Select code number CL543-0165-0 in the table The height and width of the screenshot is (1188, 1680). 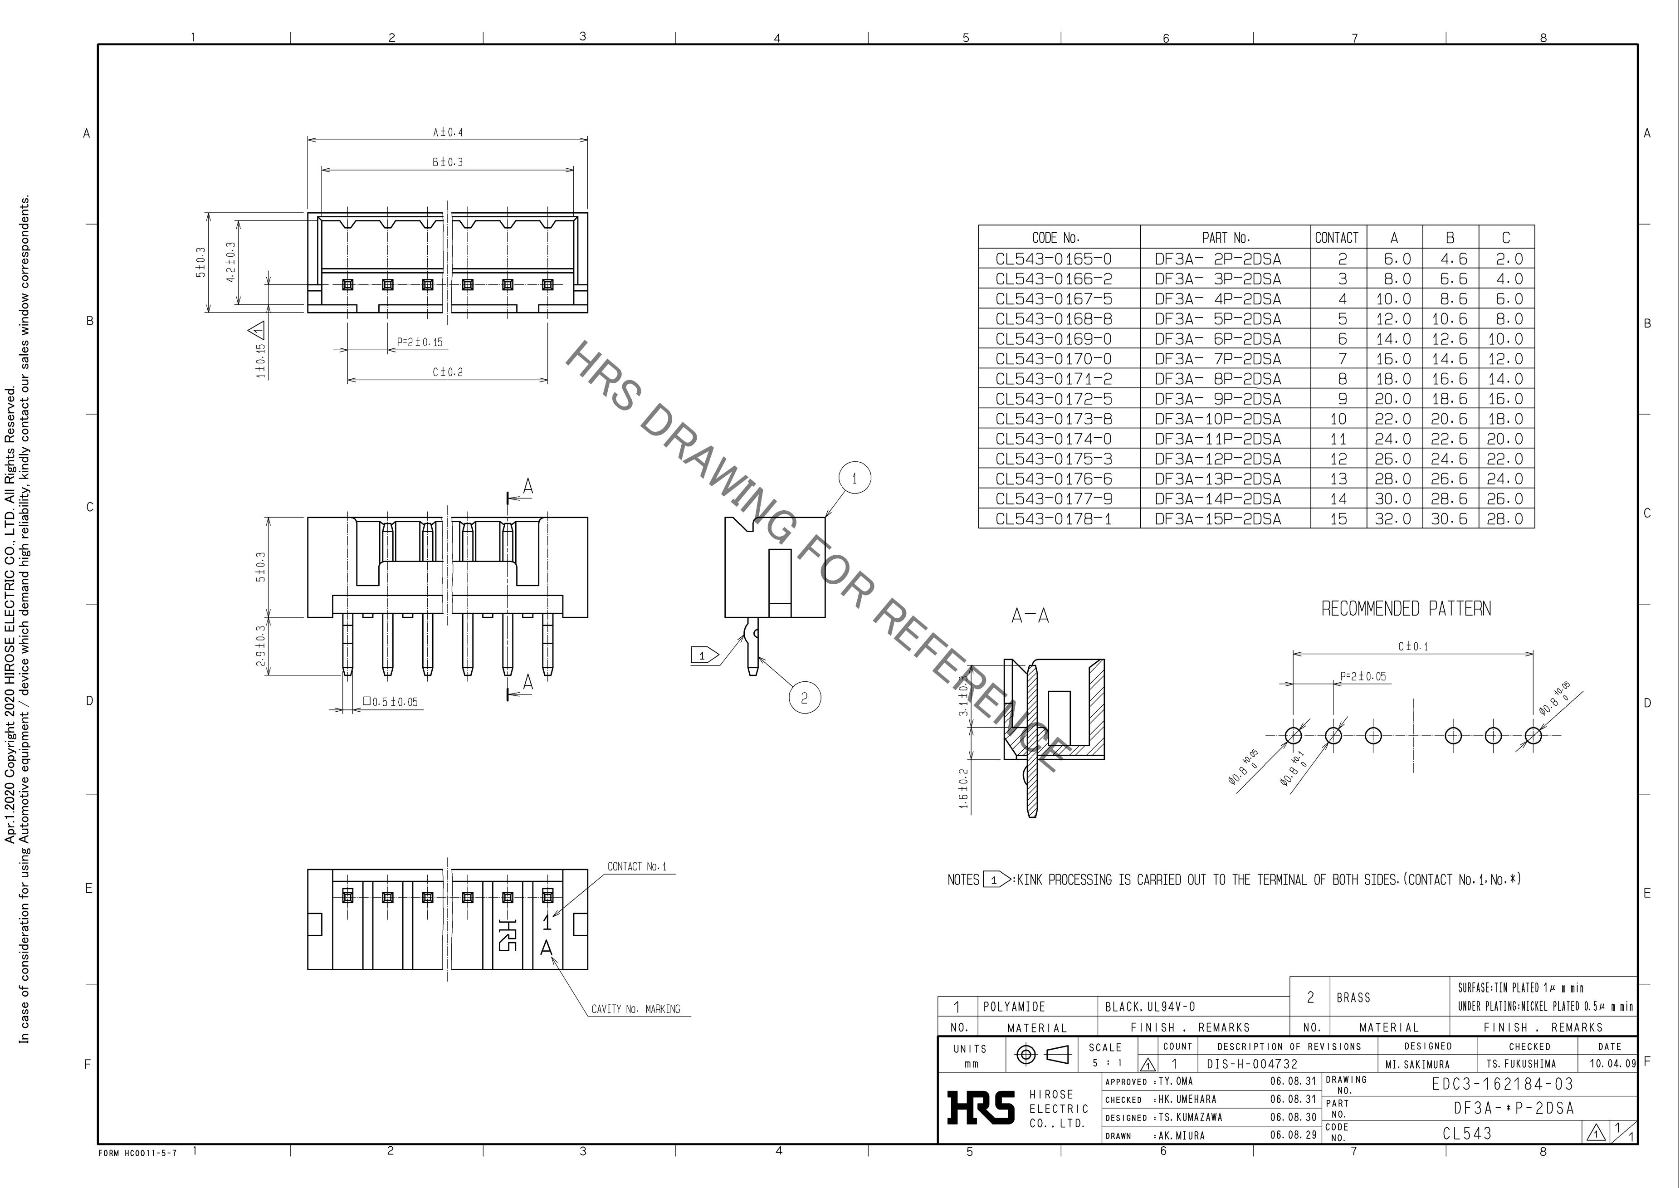pyautogui.click(x=1053, y=259)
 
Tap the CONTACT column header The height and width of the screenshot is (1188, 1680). pyautogui.click(x=1336, y=238)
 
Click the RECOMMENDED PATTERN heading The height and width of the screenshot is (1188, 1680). pyautogui.click(x=1406, y=608)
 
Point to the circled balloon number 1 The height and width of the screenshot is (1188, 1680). pyautogui.click(x=855, y=479)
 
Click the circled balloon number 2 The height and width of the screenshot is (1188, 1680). pyautogui.click(x=804, y=698)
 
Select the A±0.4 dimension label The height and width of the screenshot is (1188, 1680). pyautogui.click(x=448, y=132)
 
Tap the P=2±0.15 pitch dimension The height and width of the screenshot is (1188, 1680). pyautogui.click(x=419, y=342)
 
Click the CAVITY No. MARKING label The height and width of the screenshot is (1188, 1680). pyautogui.click(x=636, y=1009)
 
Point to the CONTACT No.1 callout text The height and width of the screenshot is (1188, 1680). pyautogui.click(x=637, y=867)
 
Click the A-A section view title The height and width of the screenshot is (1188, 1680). pyautogui.click(x=1030, y=616)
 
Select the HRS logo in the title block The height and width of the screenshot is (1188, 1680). pyautogui.click(x=981, y=1107)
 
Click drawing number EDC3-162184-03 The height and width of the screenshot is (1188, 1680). pyautogui.click(x=1502, y=1084)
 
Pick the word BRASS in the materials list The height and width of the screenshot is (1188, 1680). pyautogui.click(x=1353, y=997)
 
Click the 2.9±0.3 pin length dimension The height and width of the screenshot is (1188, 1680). pyautogui.click(x=260, y=645)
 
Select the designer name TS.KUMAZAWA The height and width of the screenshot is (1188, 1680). pyautogui.click(x=1190, y=1118)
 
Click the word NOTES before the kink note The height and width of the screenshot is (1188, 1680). pyautogui.click(x=963, y=880)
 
